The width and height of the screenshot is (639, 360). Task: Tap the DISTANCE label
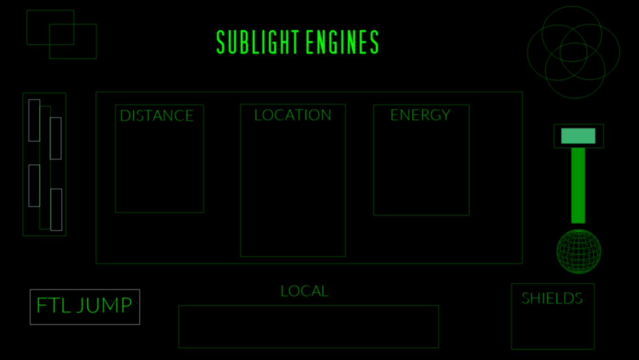157,116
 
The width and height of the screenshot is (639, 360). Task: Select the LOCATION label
293,115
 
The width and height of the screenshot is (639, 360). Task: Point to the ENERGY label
420,115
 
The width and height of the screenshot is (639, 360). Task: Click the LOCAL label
304,292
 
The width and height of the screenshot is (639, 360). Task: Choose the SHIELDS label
552,298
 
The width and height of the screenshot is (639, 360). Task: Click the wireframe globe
579,252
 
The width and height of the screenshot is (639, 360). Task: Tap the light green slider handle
578,136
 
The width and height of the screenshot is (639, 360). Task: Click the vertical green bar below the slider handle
578,185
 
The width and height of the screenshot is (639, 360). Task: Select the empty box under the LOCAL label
308,327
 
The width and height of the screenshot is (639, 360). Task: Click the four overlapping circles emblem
573,52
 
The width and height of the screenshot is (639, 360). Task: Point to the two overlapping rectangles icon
61,34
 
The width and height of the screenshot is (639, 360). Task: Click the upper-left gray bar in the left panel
34,120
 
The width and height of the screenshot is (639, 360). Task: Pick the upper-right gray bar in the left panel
56,138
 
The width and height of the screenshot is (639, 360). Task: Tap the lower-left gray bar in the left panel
34,186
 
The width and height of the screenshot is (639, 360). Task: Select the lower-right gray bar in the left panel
56,210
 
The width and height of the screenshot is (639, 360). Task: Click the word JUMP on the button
104,306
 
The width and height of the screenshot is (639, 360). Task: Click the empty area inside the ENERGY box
421,169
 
